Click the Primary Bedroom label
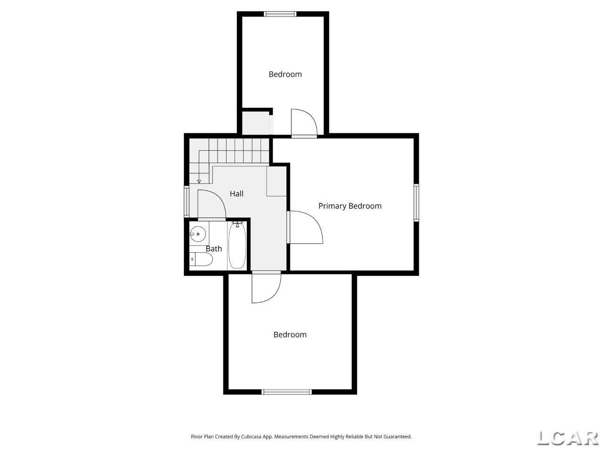(350, 206)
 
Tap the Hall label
(236, 194)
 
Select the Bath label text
(214, 249)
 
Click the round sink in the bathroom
(197, 234)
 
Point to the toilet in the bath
(201, 259)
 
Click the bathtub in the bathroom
(237, 245)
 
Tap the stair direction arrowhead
(199, 181)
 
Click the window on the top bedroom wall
(280, 14)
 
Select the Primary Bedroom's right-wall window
(416, 203)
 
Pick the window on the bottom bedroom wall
(286, 392)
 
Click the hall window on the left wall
(187, 202)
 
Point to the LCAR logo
(568, 438)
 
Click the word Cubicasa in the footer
(251, 436)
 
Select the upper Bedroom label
(285, 74)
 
